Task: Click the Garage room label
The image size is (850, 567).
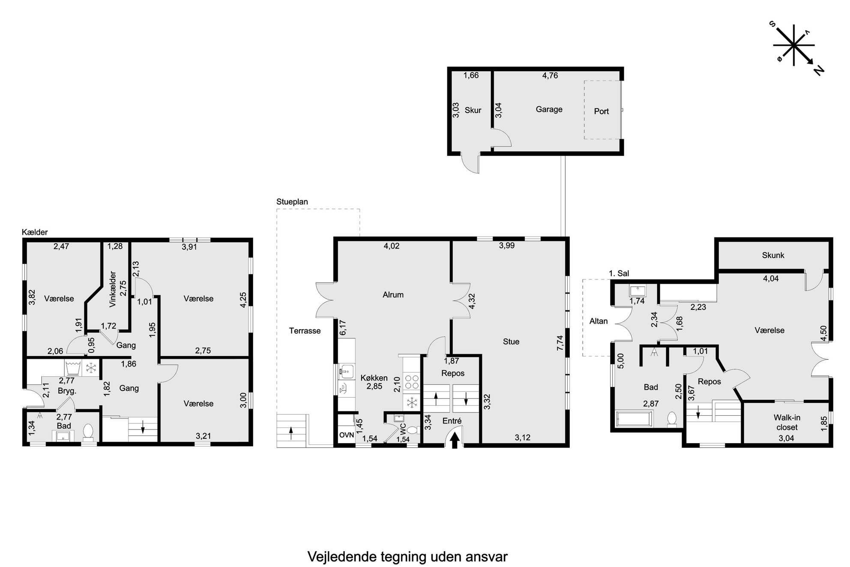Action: [549, 110]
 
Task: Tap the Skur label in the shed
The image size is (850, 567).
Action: [473, 110]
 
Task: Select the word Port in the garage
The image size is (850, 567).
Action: [601, 111]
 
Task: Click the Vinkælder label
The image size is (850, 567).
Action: [113, 289]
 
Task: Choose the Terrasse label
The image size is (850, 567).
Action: [305, 331]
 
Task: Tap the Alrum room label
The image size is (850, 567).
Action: [393, 295]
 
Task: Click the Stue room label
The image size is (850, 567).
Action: [511, 342]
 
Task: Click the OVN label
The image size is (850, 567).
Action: [347, 435]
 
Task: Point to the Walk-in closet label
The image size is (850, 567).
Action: [787, 422]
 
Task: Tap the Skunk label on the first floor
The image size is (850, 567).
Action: [773, 255]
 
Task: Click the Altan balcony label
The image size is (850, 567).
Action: [599, 321]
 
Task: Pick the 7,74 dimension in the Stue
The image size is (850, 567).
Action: [560, 343]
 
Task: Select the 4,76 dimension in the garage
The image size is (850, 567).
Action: [550, 75]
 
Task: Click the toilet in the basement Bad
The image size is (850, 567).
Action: [88, 432]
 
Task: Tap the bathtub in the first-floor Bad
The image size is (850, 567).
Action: [635, 419]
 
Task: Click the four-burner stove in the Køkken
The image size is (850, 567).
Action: [412, 382]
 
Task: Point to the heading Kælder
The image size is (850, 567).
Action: [35, 232]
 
